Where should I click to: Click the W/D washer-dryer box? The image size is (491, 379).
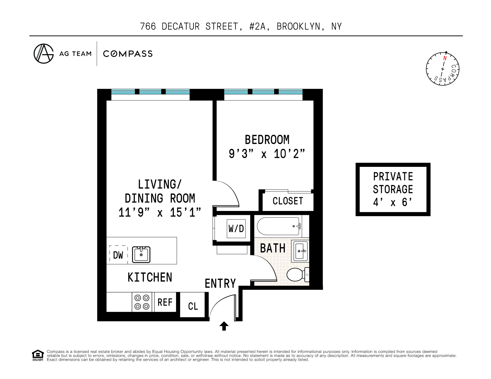[x=236, y=229]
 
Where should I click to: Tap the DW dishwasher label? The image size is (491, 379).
[x=118, y=255]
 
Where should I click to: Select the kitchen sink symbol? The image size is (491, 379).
[x=141, y=254]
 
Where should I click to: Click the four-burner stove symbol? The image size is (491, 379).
[x=142, y=302]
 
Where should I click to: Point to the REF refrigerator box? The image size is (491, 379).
[x=165, y=302]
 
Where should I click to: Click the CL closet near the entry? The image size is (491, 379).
[x=193, y=306]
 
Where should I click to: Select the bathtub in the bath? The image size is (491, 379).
[x=278, y=226]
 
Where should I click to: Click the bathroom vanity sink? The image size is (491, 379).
[x=300, y=251]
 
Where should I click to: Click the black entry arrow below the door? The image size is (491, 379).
[x=224, y=326]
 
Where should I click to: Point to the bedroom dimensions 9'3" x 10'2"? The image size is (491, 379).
[x=267, y=154]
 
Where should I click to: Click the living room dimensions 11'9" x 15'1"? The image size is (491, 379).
[x=160, y=212]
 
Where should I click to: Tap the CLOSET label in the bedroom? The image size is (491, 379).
[x=288, y=201]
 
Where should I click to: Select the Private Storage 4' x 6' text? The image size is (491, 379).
[x=393, y=189]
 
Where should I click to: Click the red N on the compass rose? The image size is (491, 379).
[x=445, y=58]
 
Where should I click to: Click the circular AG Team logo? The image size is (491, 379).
[x=44, y=54]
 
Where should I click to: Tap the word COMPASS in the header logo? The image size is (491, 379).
[x=128, y=54]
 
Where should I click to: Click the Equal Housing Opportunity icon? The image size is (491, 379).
[x=38, y=355]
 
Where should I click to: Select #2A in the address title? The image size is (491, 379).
[x=257, y=26]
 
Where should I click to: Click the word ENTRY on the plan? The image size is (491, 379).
[x=220, y=283]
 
